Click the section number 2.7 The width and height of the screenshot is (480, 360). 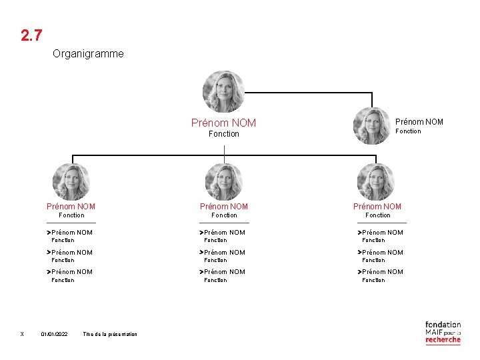click(x=32, y=35)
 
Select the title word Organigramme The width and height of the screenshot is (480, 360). click(x=88, y=53)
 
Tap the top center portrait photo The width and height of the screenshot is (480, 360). click(x=223, y=91)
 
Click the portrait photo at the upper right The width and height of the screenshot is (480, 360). click(x=371, y=126)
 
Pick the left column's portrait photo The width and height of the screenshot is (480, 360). click(x=71, y=182)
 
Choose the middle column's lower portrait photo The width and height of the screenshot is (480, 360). click(x=223, y=182)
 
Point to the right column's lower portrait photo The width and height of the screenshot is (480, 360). click(x=376, y=182)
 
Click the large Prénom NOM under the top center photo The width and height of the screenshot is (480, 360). click(x=223, y=123)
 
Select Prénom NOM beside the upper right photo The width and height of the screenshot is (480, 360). click(x=419, y=121)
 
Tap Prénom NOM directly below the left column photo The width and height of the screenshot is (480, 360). click(x=71, y=207)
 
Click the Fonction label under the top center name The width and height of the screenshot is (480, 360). click(x=223, y=134)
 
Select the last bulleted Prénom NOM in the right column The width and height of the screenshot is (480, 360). click(x=382, y=272)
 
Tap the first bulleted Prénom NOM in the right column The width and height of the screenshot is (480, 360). click(x=382, y=233)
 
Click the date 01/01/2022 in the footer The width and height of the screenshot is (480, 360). click(x=54, y=334)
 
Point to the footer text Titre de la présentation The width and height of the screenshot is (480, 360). click(x=110, y=334)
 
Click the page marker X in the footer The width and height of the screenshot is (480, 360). click(x=22, y=334)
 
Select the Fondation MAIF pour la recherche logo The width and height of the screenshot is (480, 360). click(x=443, y=332)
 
